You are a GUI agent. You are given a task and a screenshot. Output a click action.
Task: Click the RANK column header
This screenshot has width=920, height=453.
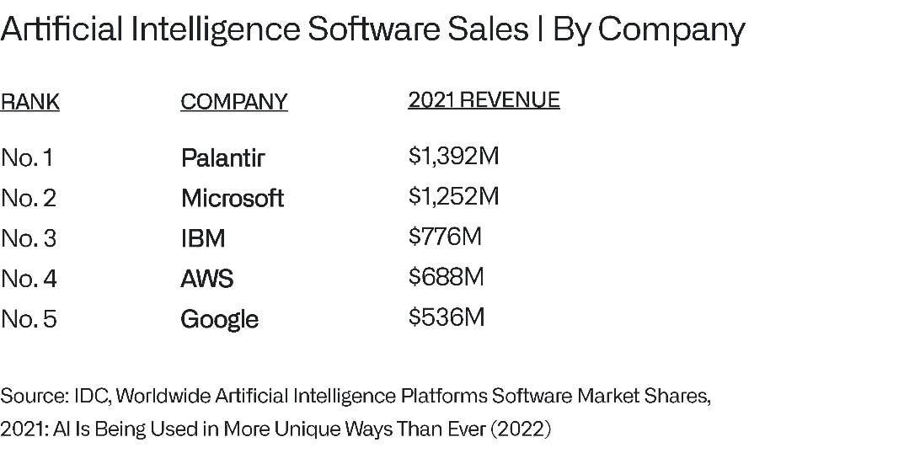(x=30, y=103)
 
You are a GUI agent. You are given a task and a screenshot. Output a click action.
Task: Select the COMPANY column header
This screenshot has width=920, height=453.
(x=233, y=102)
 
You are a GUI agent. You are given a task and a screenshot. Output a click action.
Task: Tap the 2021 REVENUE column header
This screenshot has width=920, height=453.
(x=484, y=100)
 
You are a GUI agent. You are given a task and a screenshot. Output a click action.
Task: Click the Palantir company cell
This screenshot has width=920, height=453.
(x=222, y=157)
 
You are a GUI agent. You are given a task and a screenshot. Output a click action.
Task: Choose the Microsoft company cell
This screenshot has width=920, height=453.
(x=233, y=198)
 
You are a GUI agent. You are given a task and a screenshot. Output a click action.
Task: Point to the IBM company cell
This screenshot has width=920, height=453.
(x=203, y=238)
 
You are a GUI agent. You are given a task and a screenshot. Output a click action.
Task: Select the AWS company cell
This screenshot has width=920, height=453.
(x=207, y=279)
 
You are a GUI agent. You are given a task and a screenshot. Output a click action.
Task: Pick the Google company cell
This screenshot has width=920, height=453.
(x=219, y=319)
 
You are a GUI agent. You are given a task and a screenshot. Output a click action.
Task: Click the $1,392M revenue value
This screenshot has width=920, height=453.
(x=454, y=156)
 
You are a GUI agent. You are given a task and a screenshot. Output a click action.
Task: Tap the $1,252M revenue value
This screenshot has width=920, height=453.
(x=454, y=196)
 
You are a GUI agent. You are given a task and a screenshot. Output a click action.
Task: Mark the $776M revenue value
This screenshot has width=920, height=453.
(x=445, y=237)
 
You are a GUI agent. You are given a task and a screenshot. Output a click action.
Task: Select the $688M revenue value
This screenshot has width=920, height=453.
(x=447, y=277)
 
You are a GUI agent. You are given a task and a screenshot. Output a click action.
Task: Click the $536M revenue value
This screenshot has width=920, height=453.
(x=447, y=317)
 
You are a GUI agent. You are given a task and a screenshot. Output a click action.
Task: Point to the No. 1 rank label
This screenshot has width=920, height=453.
(x=27, y=157)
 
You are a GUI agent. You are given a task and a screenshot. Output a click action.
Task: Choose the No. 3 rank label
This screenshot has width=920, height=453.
(x=29, y=238)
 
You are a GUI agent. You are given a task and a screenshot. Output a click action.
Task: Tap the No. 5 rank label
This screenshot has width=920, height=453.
(x=29, y=319)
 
